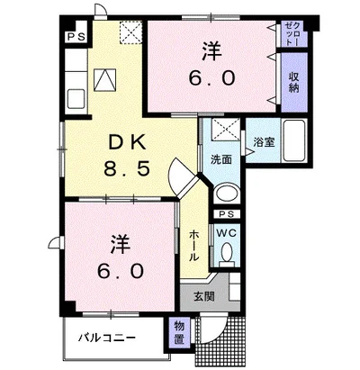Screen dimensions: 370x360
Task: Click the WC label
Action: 225,231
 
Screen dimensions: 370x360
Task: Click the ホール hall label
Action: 194,244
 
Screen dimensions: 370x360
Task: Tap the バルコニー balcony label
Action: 106,338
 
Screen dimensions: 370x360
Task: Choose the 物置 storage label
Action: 179,334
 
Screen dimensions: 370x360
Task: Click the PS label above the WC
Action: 225,214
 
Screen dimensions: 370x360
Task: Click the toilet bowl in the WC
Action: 226,256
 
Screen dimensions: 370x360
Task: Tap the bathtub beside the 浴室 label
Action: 293,140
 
